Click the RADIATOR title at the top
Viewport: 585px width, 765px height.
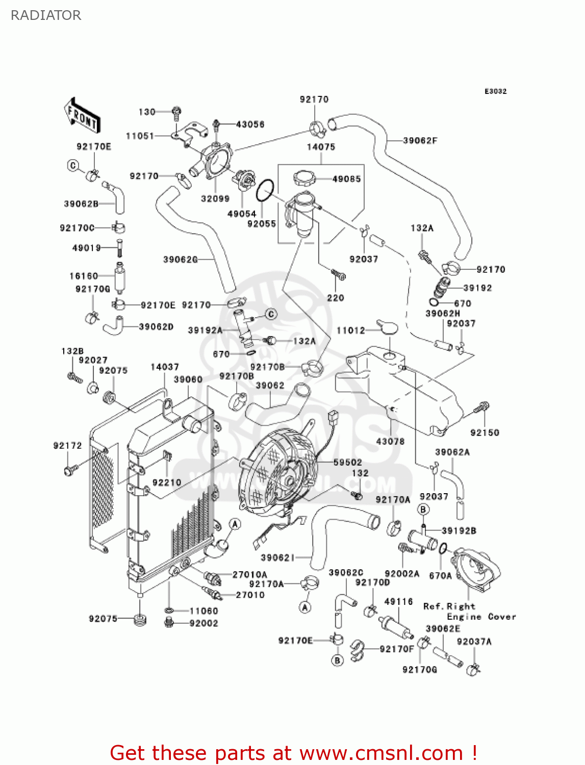(x=46, y=15)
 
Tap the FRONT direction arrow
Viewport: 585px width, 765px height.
(x=82, y=116)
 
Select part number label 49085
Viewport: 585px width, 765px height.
(x=346, y=179)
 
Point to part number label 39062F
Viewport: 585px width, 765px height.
(x=420, y=140)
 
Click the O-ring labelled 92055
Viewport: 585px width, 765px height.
(x=265, y=192)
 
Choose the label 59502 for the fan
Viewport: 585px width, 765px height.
(x=348, y=462)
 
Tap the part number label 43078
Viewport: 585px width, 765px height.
(x=390, y=441)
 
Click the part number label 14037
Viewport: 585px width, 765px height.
(x=165, y=367)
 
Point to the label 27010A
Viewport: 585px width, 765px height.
(x=250, y=575)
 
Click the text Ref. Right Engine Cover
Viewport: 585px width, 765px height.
(x=469, y=611)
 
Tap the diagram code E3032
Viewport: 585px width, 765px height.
(x=495, y=91)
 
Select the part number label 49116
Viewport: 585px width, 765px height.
(x=398, y=602)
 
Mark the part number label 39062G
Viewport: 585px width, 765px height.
(x=180, y=260)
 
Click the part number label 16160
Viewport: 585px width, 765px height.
(x=84, y=276)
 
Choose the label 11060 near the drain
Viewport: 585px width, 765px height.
(x=204, y=610)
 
